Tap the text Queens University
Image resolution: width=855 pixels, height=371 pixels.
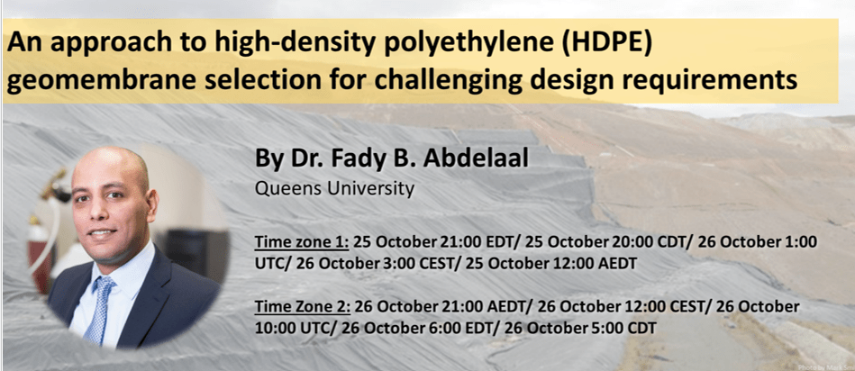pos(335,189)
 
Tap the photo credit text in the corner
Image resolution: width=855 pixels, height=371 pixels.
pos(825,367)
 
